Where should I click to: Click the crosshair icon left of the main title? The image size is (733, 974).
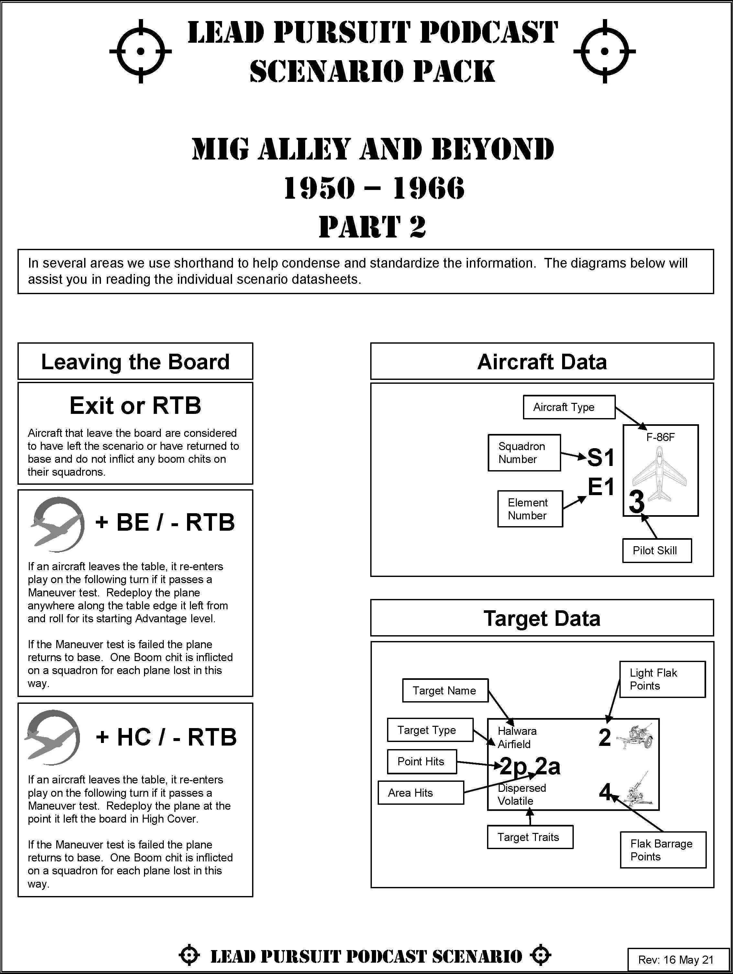(x=140, y=51)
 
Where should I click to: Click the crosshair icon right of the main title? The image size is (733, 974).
(x=605, y=51)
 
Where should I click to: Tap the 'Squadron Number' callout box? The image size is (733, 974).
(x=524, y=453)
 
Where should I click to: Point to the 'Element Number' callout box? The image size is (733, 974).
(x=530, y=509)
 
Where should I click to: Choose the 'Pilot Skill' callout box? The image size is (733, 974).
(x=656, y=550)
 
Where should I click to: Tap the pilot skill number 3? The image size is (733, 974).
(x=637, y=502)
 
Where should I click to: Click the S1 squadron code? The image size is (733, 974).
(x=601, y=458)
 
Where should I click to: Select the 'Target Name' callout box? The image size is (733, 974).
(x=445, y=690)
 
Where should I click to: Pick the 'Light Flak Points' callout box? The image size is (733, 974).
(x=662, y=679)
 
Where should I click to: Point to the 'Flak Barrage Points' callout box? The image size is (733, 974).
(x=662, y=850)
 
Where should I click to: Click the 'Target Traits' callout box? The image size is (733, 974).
(x=530, y=836)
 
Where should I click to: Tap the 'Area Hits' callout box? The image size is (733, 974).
(x=420, y=792)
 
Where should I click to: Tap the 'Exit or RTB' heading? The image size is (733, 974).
(x=135, y=405)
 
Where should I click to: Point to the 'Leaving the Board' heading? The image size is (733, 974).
(x=135, y=361)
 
